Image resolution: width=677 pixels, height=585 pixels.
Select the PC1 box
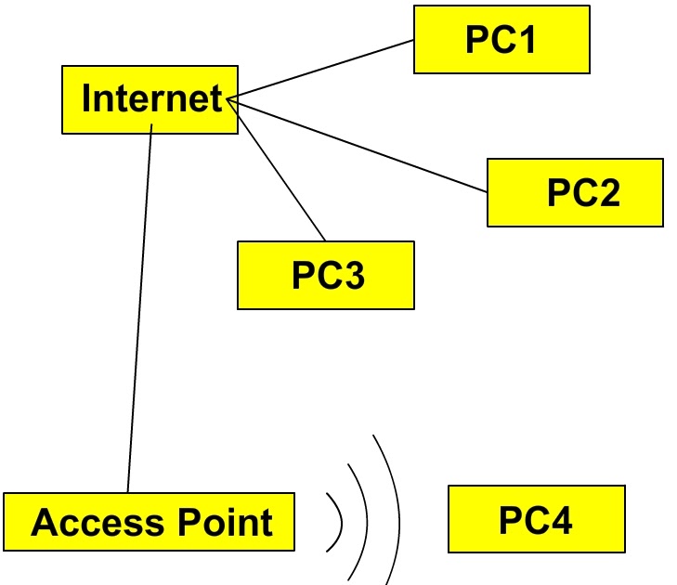(501, 39)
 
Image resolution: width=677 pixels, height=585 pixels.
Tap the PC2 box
(575, 192)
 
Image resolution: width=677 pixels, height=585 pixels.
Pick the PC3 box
(325, 275)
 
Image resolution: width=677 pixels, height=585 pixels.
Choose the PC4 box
(536, 519)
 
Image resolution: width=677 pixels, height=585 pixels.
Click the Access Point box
(149, 522)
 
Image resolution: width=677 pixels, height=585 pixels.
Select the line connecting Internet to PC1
(325, 69)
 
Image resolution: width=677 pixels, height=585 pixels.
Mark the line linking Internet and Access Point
(139, 306)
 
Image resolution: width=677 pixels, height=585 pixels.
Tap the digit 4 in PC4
(560, 519)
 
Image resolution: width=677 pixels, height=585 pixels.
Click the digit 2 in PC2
(606, 192)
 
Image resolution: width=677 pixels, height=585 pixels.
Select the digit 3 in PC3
(353, 275)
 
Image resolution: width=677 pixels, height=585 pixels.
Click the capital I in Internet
(87, 98)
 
